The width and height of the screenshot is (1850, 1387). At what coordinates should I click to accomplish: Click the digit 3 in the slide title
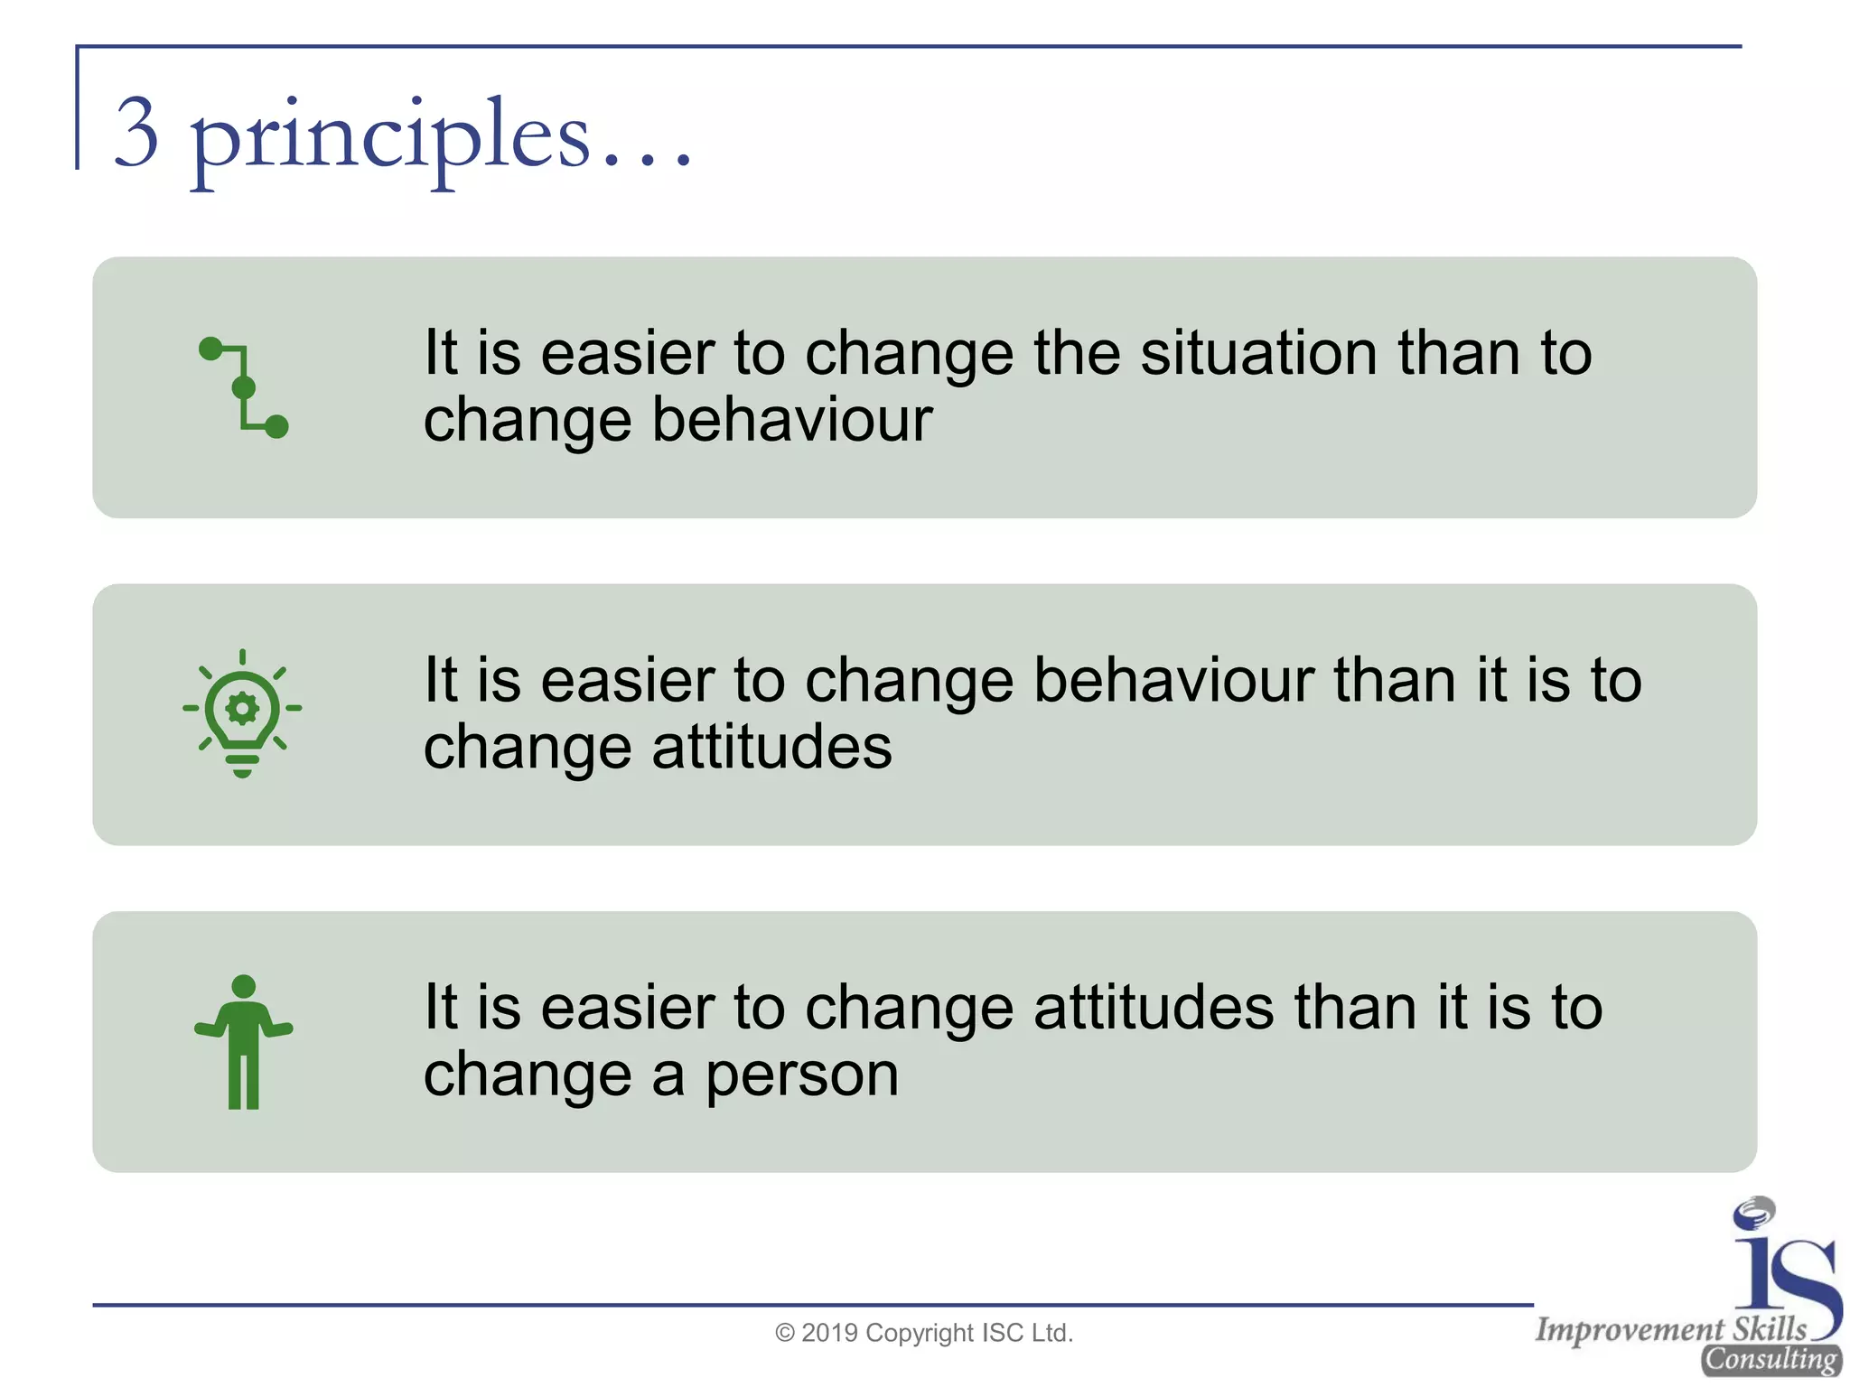[x=137, y=134]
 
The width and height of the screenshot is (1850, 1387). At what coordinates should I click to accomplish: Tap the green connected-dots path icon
[x=243, y=387]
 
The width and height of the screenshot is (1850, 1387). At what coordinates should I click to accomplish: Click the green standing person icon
[x=243, y=1041]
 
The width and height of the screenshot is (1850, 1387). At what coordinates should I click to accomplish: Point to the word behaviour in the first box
[x=791, y=420]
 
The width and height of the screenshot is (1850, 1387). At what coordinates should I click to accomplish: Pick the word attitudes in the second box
[x=771, y=748]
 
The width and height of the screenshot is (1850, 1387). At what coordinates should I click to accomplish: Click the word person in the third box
[x=801, y=1075]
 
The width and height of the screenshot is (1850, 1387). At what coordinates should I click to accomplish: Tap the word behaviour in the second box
[x=1173, y=680]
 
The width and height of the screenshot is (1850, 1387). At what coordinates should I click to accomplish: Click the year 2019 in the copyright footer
[x=829, y=1333]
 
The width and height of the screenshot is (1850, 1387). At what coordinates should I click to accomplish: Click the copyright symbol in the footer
[x=785, y=1334]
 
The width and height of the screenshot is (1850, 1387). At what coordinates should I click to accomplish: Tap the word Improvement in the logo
[x=1630, y=1329]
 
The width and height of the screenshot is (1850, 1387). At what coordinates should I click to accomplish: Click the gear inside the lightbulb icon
[x=242, y=708]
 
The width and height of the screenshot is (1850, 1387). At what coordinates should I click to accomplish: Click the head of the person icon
[x=243, y=986]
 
